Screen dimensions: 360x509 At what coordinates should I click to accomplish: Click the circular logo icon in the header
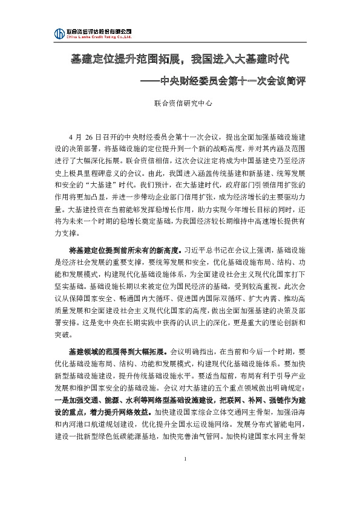tap(59, 33)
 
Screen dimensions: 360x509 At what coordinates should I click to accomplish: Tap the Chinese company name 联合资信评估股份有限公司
tap(99, 30)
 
